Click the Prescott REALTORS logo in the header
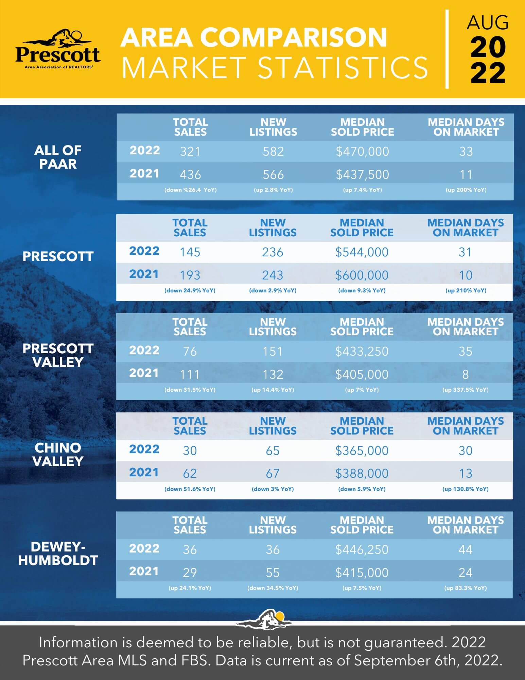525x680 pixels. (58, 49)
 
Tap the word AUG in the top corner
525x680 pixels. (487, 23)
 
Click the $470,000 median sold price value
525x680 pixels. (362, 152)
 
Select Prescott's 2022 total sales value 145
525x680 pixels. (190, 252)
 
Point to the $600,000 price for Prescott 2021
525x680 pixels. (362, 275)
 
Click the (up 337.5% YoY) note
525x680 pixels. (465, 390)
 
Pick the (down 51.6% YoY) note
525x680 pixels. (190, 489)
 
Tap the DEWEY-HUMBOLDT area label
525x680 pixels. (58, 554)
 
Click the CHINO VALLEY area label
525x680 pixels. (58, 455)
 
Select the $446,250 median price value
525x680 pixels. (362, 550)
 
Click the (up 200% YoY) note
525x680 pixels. (466, 190)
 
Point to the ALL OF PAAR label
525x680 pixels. (58, 157)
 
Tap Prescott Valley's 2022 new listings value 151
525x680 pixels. (273, 352)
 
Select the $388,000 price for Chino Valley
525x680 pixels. (362, 474)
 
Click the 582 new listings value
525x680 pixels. (273, 152)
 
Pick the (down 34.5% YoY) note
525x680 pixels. (273, 588)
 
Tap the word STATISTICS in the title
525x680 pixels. (343, 68)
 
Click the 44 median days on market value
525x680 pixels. (465, 550)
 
